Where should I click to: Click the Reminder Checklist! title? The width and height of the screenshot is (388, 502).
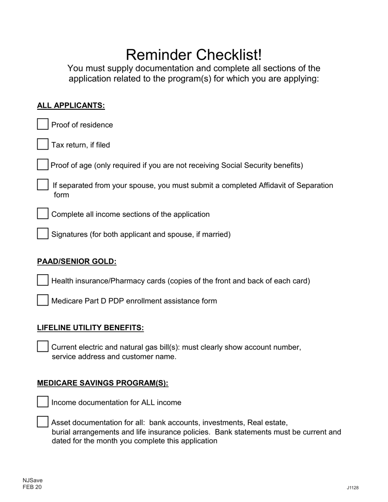(194, 55)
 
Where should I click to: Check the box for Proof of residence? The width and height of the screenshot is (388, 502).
(43, 124)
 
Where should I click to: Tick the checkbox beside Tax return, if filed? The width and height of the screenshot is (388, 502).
(43, 144)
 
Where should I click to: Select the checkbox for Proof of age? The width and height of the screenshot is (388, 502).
(43, 164)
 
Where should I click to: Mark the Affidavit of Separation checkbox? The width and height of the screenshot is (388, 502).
(43, 184)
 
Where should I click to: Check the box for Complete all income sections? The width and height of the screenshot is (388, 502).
(43, 213)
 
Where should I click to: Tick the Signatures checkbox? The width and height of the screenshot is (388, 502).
(43, 233)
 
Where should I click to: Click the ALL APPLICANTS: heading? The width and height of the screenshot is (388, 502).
(71, 106)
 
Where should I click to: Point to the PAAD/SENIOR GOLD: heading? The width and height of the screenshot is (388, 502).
(77, 262)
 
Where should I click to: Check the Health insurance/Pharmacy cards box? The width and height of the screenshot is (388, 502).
(43, 280)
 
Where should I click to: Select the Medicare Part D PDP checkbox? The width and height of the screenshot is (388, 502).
(43, 300)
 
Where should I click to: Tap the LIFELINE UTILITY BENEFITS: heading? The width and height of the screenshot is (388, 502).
(90, 328)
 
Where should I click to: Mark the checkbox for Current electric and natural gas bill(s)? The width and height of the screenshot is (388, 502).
(43, 347)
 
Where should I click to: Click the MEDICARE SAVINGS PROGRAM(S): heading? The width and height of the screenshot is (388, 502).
(103, 383)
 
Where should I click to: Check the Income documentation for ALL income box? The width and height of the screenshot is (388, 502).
(43, 402)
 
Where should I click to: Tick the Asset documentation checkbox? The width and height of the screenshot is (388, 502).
(43, 422)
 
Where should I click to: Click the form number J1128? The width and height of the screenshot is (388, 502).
(352, 488)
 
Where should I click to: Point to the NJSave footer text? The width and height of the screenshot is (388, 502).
(33, 480)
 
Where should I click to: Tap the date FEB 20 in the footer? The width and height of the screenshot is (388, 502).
(32, 487)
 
